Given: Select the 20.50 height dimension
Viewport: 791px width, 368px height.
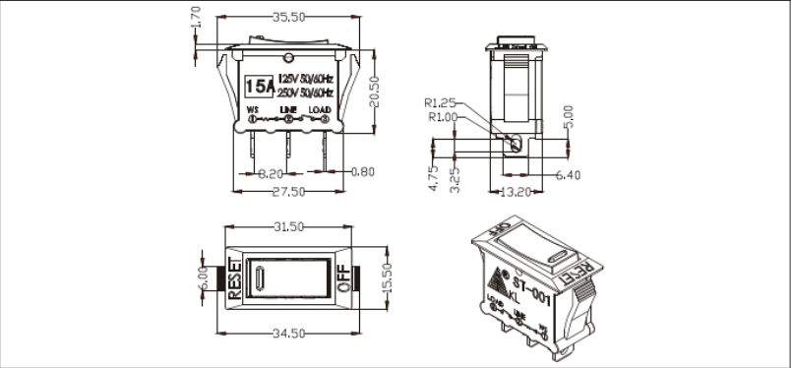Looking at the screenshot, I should click(x=375, y=92).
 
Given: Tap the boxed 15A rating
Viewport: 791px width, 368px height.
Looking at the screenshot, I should click(x=259, y=84).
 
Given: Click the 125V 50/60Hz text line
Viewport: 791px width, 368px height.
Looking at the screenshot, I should click(x=308, y=77).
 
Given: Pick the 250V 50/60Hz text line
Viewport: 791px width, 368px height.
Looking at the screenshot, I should click(x=308, y=91).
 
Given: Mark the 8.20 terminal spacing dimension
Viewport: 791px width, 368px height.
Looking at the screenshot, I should click(x=270, y=173).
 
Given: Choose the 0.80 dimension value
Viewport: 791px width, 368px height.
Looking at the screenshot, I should click(x=362, y=172).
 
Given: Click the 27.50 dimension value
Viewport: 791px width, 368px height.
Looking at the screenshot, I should click(x=287, y=191).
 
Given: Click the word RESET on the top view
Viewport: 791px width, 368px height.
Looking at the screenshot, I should click(x=235, y=277).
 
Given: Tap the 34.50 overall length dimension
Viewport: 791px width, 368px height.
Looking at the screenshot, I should click(x=287, y=336).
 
